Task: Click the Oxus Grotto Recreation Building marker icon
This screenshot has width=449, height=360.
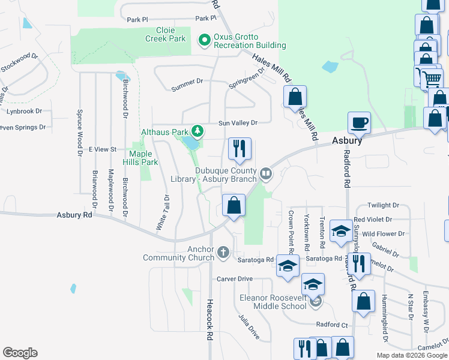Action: click(x=204, y=40)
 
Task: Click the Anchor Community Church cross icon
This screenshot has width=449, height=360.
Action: click(x=223, y=252)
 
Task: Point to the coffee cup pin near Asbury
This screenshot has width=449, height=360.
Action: click(x=360, y=123)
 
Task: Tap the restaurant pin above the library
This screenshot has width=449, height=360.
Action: click(x=240, y=149)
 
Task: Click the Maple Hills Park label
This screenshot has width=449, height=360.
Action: click(x=140, y=158)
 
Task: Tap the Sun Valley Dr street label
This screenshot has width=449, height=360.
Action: click(x=238, y=122)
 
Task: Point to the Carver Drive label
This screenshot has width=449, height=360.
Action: click(x=235, y=279)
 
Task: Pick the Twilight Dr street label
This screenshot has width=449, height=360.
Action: click(x=384, y=205)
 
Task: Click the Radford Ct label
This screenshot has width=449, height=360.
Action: click(x=333, y=325)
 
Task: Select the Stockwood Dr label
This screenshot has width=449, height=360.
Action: click(x=20, y=63)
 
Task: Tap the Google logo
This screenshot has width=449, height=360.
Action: click(x=20, y=353)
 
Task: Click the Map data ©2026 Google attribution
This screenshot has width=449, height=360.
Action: click(x=411, y=355)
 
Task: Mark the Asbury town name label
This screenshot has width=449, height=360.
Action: click(x=348, y=140)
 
